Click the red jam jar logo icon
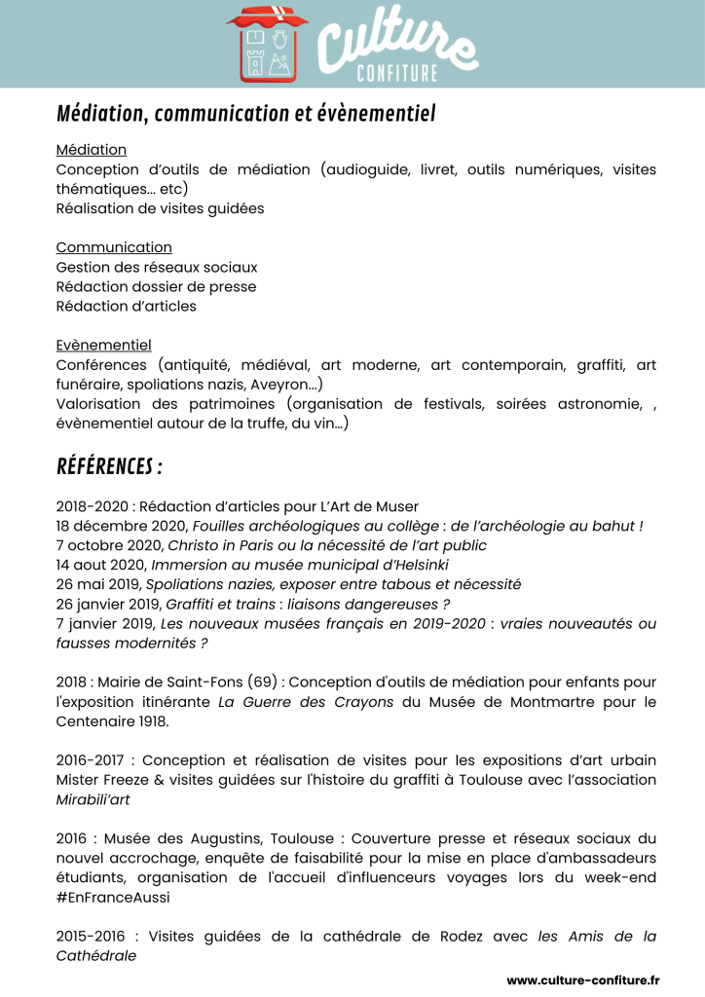(267, 45)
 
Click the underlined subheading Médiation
(92, 150)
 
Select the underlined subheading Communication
(114, 247)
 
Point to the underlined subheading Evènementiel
(103, 345)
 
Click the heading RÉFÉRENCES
(109, 467)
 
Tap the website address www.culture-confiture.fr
(582, 979)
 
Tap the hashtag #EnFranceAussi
(112, 897)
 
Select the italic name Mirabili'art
(93, 799)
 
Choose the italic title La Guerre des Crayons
(305, 701)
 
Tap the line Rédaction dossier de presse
(156, 286)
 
